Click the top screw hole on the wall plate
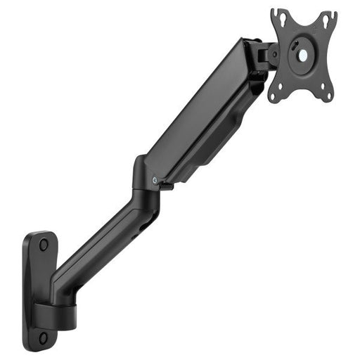tap(44, 245)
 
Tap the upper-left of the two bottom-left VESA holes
tap(279, 84)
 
